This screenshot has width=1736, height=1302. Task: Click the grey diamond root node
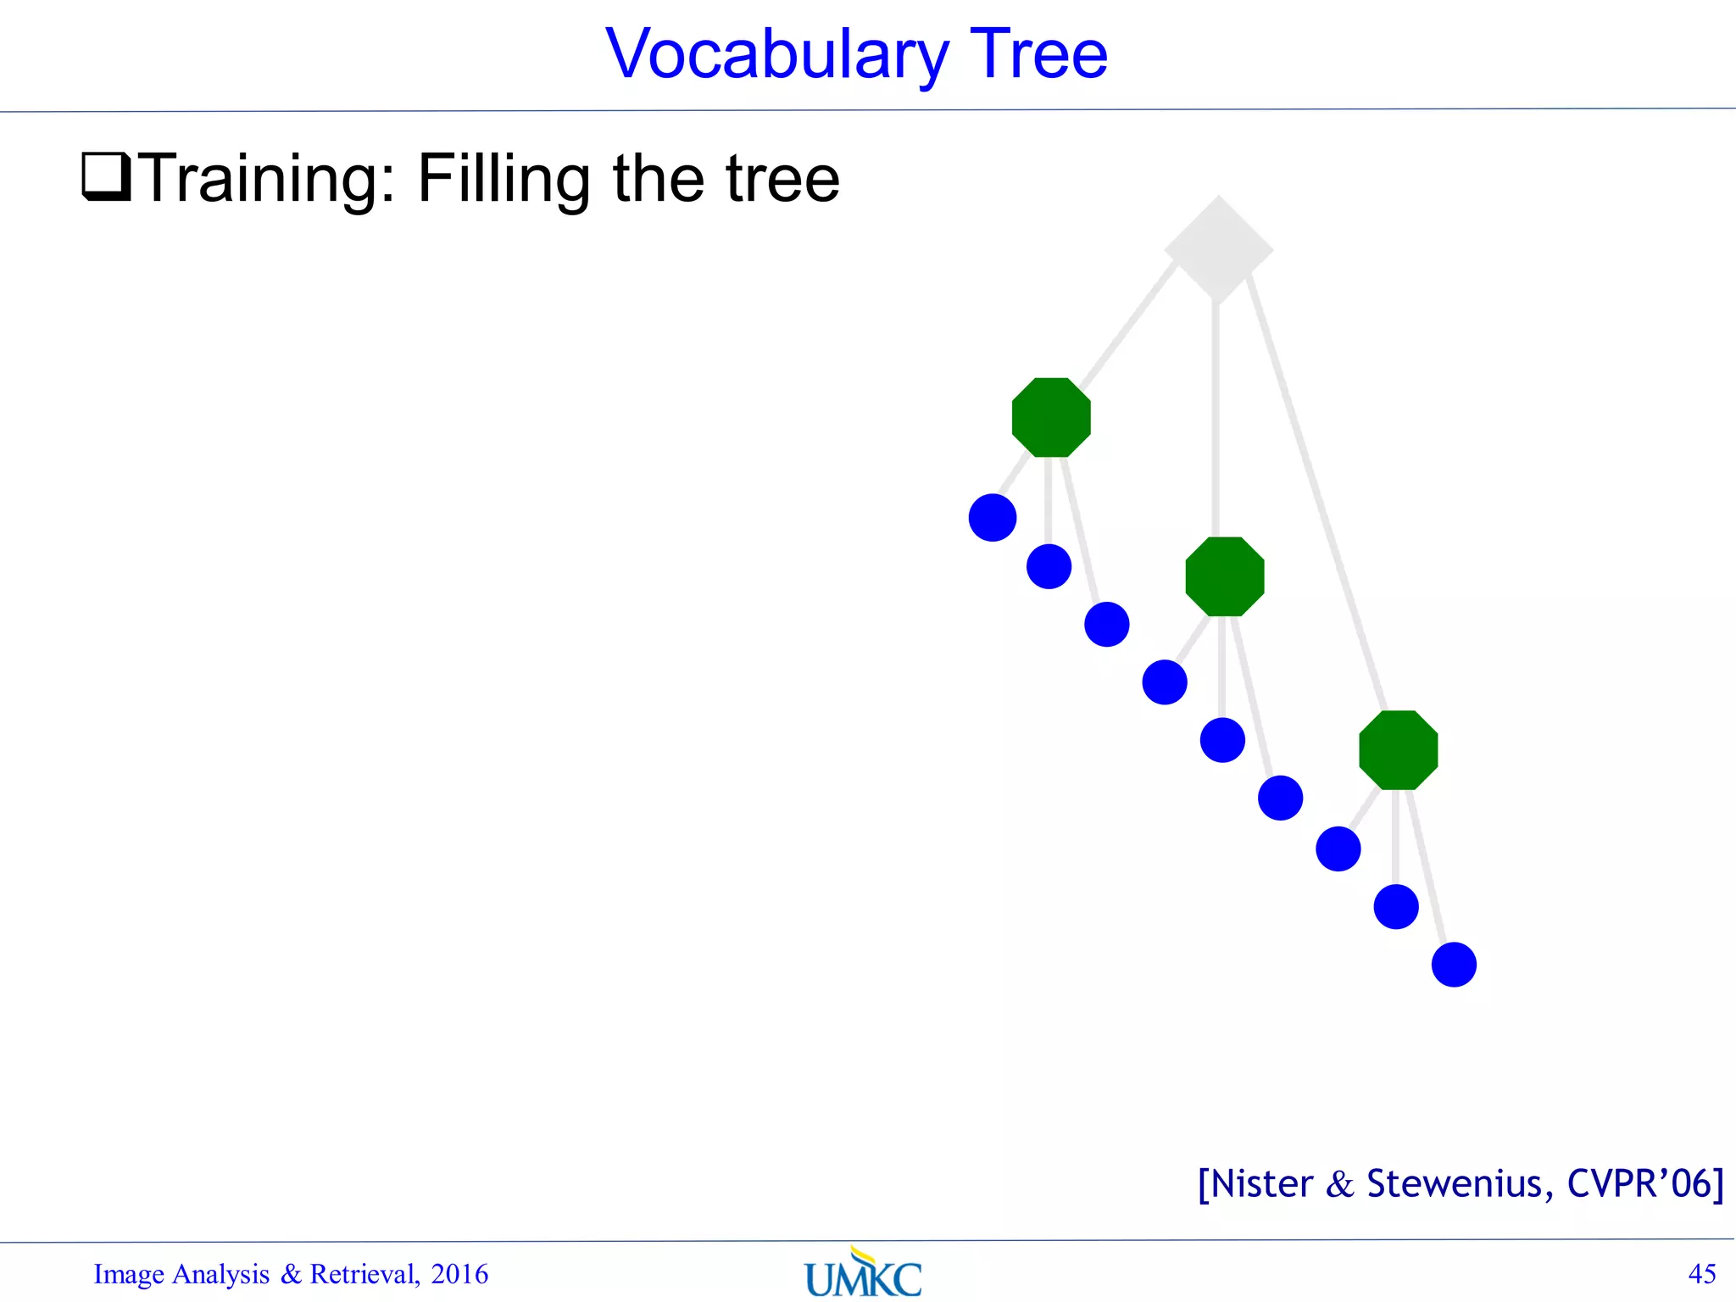click(x=1218, y=249)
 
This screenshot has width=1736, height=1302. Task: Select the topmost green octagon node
click(x=1051, y=417)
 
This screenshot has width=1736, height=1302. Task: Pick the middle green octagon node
click(x=1225, y=576)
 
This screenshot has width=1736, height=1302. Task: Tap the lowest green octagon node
click(x=1398, y=750)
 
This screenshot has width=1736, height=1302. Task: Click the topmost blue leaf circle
click(x=993, y=517)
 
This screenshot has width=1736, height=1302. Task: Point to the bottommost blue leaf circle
click(x=1454, y=965)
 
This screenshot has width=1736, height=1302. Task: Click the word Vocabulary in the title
click(x=776, y=55)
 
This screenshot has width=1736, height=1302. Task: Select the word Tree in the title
click(x=1038, y=55)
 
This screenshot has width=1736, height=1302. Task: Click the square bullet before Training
click(x=106, y=176)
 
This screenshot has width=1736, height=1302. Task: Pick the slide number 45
click(x=1702, y=1273)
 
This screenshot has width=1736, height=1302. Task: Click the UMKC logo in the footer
click(x=863, y=1274)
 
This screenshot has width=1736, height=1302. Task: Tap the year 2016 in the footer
click(x=459, y=1274)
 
